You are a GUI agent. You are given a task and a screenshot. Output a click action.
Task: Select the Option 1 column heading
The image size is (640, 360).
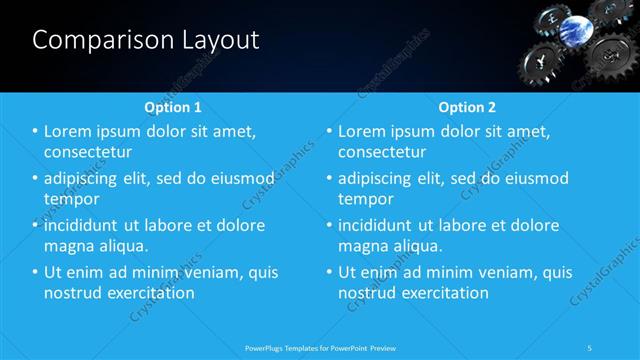pyautogui.click(x=173, y=106)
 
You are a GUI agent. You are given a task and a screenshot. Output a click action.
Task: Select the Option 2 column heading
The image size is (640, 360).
pyautogui.click(x=467, y=106)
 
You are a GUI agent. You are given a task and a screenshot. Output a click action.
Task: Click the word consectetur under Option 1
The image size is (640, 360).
pyautogui.click(x=89, y=152)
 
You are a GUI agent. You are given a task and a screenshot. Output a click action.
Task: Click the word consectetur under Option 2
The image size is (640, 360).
pyautogui.click(x=382, y=152)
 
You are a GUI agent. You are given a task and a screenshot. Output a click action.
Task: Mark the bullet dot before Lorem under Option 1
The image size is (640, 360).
pyautogui.click(x=35, y=132)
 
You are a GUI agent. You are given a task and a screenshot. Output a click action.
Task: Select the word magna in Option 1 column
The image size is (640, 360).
pyautogui.click(x=70, y=246)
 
